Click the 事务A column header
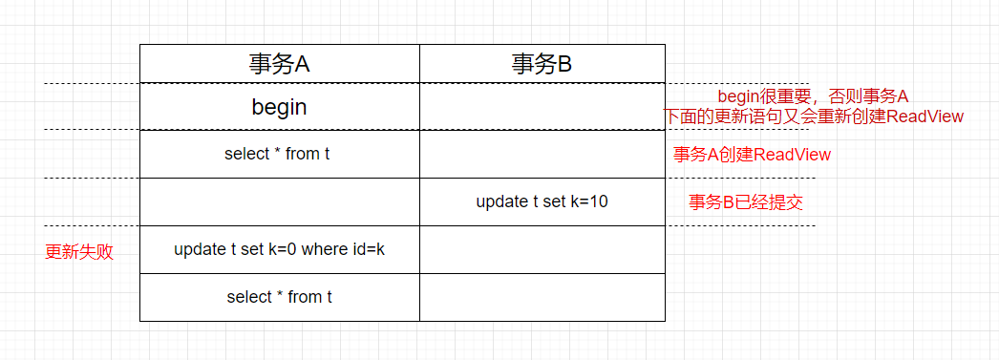(279, 64)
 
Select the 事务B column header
(542, 64)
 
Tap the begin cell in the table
(279, 107)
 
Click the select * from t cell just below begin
(277, 154)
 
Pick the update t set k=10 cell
(542, 201)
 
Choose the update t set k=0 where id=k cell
(279, 249)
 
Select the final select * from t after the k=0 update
(279, 297)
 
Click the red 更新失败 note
(79, 252)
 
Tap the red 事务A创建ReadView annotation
(752, 155)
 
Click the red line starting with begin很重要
(812, 96)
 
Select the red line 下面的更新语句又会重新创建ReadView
(814, 116)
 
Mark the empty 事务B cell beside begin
(542, 107)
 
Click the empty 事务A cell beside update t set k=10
(279, 201)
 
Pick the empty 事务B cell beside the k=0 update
(542, 249)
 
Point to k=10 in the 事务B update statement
(587, 201)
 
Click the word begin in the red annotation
(736, 96)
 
